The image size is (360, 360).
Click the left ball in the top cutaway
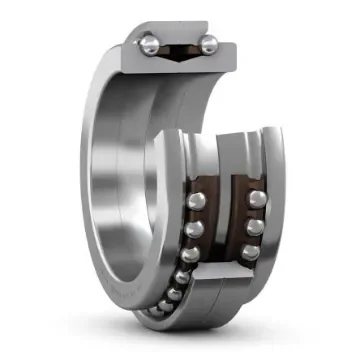(149, 43)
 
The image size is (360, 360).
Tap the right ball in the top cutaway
(209, 45)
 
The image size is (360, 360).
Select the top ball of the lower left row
(197, 204)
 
